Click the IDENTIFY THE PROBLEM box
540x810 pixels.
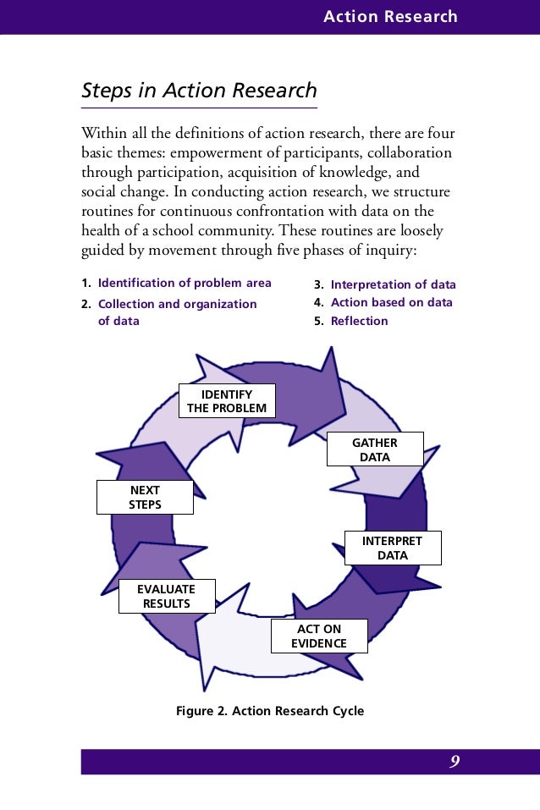tap(227, 401)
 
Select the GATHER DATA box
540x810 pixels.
tap(375, 449)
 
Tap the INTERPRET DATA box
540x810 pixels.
tap(393, 548)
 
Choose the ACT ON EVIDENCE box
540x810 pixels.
tap(319, 636)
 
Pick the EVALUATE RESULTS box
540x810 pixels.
tap(167, 596)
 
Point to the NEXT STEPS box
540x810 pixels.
tap(146, 497)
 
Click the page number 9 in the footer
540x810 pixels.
tap(455, 762)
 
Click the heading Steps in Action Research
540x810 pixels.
tap(199, 91)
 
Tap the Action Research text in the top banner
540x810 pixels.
tap(390, 17)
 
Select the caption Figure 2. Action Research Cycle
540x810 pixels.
tap(270, 710)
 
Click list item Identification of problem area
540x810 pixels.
tap(185, 283)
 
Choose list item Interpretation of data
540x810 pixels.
tap(393, 284)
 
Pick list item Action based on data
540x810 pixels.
tap(391, 302)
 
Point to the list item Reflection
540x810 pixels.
tap(359, 321)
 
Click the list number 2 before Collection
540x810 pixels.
tap(85, 304)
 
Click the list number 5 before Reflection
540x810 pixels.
tap(317, 321)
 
